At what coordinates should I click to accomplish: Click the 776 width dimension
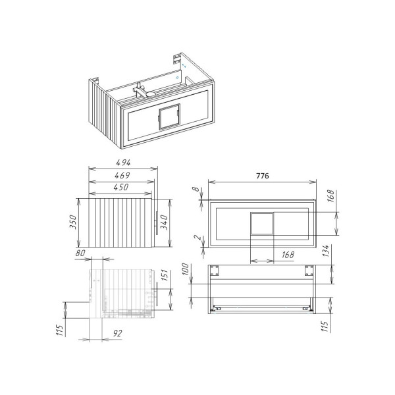(263, 176)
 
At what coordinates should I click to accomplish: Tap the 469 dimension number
(119, 175)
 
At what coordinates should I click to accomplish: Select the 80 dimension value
(81, 252)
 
